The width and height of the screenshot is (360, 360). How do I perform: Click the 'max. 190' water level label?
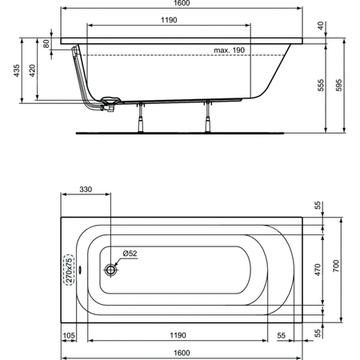click(229, 50)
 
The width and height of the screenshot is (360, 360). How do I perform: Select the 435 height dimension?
click(17, 70)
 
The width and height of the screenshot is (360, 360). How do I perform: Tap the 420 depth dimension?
click(32, 70)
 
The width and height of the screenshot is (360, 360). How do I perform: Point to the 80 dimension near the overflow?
click(46, 43)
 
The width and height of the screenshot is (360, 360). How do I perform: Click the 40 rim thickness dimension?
click(321, 26)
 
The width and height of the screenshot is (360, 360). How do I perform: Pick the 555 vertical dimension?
click(321, 85)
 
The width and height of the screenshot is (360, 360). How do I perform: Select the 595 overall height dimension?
click(338, 85)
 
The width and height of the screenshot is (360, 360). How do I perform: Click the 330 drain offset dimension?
click(86, 190)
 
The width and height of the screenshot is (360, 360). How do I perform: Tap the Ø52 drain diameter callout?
click(130, 253)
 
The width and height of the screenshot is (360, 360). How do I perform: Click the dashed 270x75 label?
click(70, 270)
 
